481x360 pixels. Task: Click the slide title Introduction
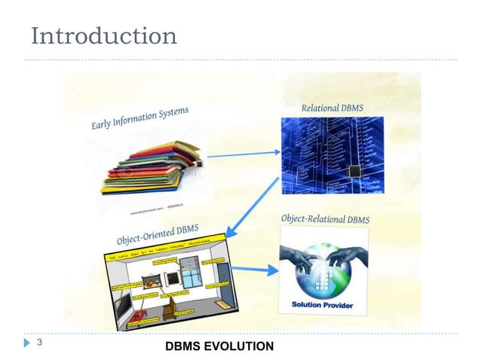pyautogui.click(x=104, y=35)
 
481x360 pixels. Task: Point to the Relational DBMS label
pyautogui.click(x=332, y=108)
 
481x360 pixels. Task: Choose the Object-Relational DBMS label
pyautogui.click(x=326, y=219)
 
